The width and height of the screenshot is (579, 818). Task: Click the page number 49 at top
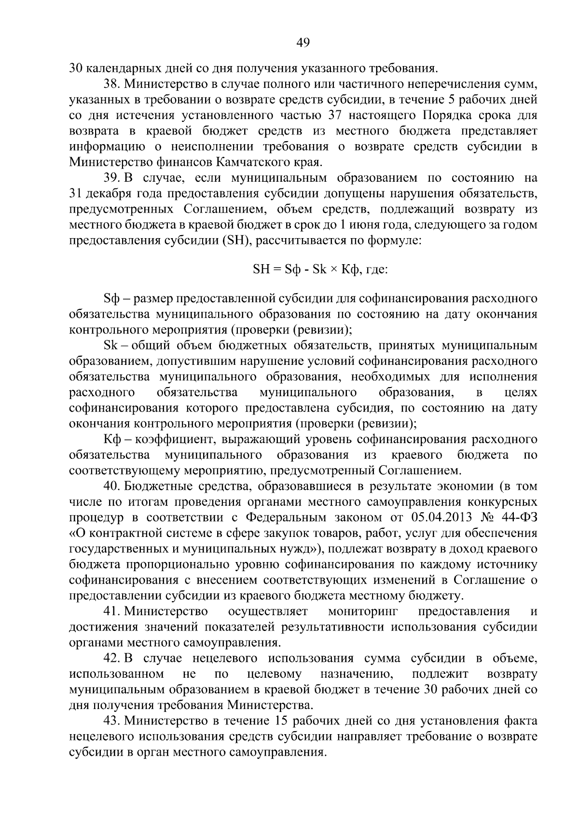[x=303, y=43]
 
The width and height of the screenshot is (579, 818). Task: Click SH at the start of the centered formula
[x=261, y=269]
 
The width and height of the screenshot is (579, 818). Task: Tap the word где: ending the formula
[x=377, y=269]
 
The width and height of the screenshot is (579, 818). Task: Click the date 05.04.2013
[x=441, y=518]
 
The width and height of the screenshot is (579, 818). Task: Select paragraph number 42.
[x=112, y=658]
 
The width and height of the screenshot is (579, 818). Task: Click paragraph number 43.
[x=112, y=721]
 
